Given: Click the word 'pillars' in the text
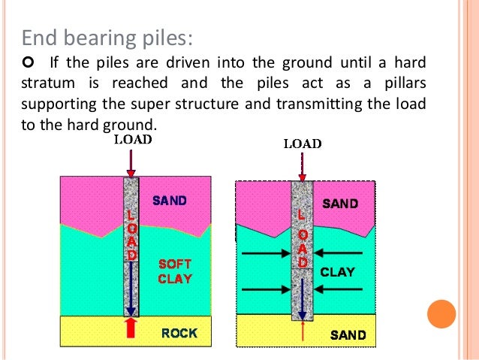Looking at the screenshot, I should (405, 83).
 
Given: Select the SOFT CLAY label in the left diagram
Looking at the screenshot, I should (175, 271).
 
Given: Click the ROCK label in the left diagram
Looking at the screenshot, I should (179, 332).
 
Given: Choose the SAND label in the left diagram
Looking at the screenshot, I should (170, 201).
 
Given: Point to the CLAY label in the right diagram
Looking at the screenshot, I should (337, 272).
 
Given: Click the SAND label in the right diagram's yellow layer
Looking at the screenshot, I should (348, 335).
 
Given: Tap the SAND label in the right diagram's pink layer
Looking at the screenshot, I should (340, 204).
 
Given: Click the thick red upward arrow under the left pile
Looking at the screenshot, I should (130, 328).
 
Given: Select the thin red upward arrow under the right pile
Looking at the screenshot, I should (303, 331).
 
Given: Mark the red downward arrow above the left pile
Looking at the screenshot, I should (131, 161).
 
